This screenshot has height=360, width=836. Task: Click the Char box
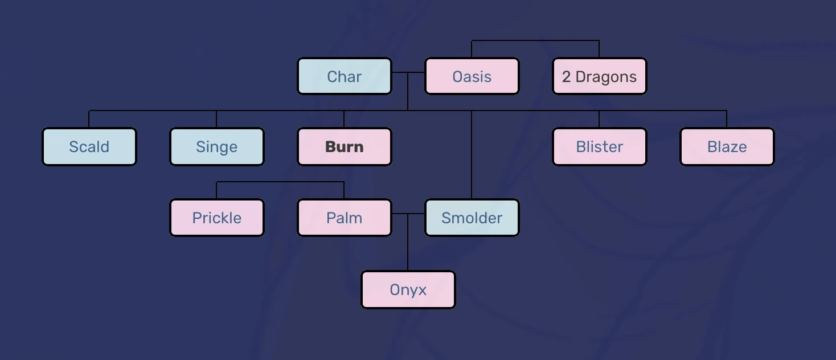[344, 76]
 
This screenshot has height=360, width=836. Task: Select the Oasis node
[472, 76]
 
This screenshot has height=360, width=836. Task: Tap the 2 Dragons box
[599, 76]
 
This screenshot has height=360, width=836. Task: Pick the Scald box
[89, 147]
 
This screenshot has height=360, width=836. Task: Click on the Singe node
[216, 147]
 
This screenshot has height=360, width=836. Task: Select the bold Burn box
[344, 147]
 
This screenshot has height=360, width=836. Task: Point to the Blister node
[599, 147]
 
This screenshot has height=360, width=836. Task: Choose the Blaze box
[727, 147]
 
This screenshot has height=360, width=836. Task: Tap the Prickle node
[216, 218]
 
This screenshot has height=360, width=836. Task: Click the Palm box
[344, 218]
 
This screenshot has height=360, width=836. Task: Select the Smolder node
[472, 218]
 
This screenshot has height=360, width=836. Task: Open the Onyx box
[408, 289]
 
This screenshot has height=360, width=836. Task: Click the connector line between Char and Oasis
[408, 73]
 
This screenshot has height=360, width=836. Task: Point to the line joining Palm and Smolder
[408, 214]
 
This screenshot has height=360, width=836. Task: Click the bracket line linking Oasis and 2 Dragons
[535, 40]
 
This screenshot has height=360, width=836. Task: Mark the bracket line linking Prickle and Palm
[280, 182]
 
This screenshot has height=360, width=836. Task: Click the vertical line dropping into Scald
[89, 119]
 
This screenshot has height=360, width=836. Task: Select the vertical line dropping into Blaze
[727, 119]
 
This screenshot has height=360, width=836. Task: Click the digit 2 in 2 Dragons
[566, 77]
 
